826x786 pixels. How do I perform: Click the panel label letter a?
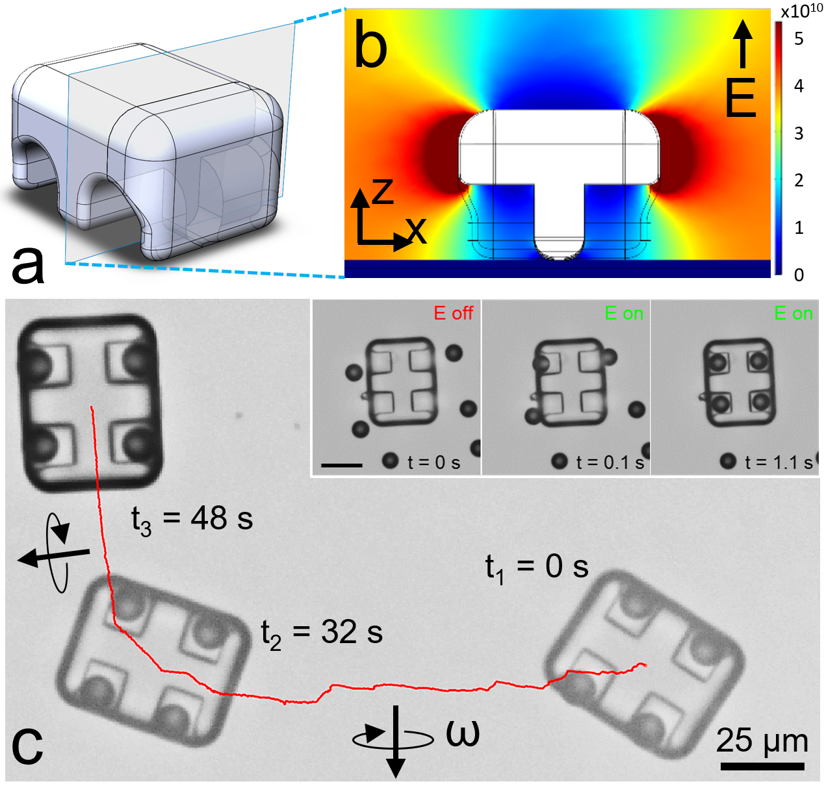point(29,265)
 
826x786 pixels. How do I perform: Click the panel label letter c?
point(27,745)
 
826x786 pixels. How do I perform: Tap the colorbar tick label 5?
point(799,39)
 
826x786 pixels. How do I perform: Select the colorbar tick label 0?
point(799,275)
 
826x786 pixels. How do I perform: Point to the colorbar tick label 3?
point(799,134)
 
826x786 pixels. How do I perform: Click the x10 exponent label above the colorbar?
point(801,12)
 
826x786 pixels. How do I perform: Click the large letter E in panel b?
point(740,98)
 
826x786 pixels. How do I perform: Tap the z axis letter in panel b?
point(383,191)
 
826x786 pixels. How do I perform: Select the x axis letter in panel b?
point(417,230)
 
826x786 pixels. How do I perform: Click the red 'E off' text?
point(454,313)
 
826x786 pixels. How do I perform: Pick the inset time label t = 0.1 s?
point(610,463)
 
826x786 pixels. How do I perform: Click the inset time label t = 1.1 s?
point(779,463)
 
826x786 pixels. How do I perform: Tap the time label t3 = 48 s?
point(192,520)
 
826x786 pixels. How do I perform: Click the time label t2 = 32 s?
point(322,633)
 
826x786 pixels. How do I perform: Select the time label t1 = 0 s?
point(537,568)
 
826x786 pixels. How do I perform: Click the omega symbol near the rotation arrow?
point(463,733)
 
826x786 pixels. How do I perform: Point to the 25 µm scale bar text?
point(762,741)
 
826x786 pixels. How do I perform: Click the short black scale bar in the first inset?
point(342,465)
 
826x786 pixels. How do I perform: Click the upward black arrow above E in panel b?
point(743,43)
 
